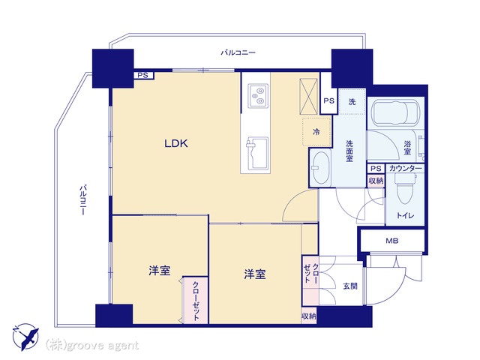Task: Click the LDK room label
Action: (x=176, y=143)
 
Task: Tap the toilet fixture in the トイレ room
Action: (x=405, y=188)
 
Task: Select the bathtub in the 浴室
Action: (x=394, y=112)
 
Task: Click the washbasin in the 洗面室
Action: (x=320, y=167)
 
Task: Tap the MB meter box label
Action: (x=391, y=241)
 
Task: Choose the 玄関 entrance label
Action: (x=350, y=286)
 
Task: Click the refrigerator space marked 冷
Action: (x=316, y=131)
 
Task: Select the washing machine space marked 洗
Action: (x=352, y=102)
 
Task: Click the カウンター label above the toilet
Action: (x=405, y=168)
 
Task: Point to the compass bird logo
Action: (x=25, y=337)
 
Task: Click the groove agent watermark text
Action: (x=92, y=345)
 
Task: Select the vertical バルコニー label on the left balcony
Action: (x=82, y=199)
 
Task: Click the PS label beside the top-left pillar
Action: (x=142, y=75)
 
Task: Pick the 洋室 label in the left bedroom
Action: (x=160, y=271)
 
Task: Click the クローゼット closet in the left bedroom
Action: (x=196, y=301)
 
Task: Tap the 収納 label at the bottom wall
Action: (x=308, y=316)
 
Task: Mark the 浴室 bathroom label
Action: (x=407, y=148)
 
